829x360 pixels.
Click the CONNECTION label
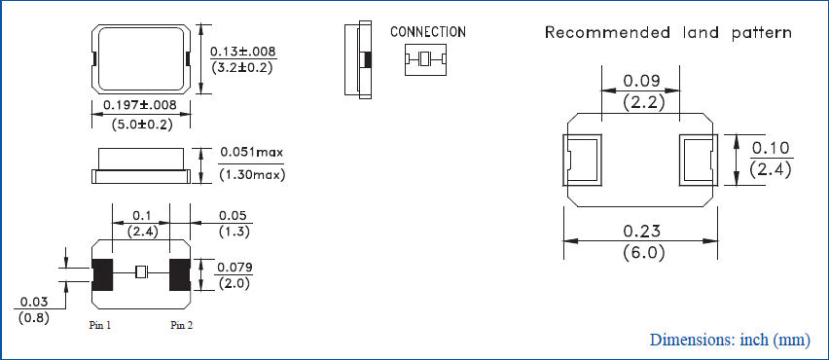click(x=427, y=32)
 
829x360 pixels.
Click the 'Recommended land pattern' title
click(x=667, y=33)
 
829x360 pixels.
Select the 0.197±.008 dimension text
click(x=140, y=104)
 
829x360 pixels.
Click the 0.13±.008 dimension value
click(x=242, y=51)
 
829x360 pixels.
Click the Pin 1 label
click(x=100, y=325)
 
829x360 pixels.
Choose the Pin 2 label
click(x=181, y=325)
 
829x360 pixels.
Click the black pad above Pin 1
click(x=102, y=274)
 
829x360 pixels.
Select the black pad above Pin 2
click(x=179, y=274)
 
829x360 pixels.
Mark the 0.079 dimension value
click(x=234, y=268)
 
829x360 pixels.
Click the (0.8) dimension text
click(x=33, y=317)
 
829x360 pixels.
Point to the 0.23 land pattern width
click(x=641, y=232)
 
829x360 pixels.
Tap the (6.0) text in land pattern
click(x=641, y=253)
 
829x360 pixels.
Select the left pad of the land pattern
click(x=584, y=160)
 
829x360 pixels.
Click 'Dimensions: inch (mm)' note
click(x=729, y=340)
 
